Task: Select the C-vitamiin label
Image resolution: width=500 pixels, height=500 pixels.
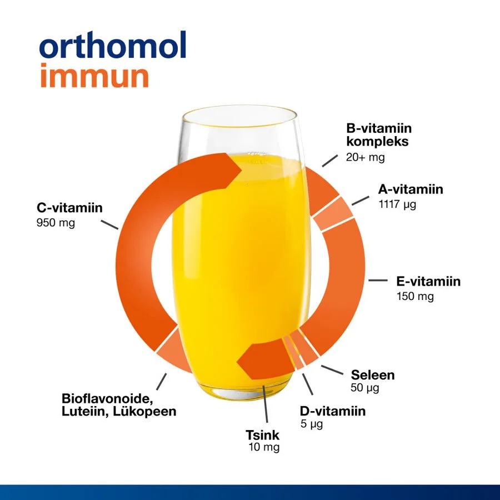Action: point(69,208)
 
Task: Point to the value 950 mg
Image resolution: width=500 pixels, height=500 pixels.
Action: point(56,223)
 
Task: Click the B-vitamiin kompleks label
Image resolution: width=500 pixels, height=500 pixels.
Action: point(379,134)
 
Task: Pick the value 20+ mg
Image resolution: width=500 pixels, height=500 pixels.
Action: point(366,157)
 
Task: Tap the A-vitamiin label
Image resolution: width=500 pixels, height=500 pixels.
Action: point(411,189)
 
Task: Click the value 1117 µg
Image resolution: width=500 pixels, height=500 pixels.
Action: point(397,204)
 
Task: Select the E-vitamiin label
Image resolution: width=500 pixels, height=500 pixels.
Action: point(428,281)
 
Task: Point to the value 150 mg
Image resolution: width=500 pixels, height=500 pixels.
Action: point(415,296)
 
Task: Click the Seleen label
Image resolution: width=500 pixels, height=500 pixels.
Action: point(373,375)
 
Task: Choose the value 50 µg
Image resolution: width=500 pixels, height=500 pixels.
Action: point(365,388)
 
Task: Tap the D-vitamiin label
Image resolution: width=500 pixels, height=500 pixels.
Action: point(333,411)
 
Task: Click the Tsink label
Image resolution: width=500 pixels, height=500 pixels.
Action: point(262,435)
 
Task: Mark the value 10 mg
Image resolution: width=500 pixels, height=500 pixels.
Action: point(264,447)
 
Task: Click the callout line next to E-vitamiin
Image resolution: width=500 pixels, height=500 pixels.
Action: point(378,281)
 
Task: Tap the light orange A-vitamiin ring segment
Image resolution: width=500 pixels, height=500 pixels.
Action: point(333,213)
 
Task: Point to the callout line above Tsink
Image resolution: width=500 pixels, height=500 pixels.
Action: point(266,404)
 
